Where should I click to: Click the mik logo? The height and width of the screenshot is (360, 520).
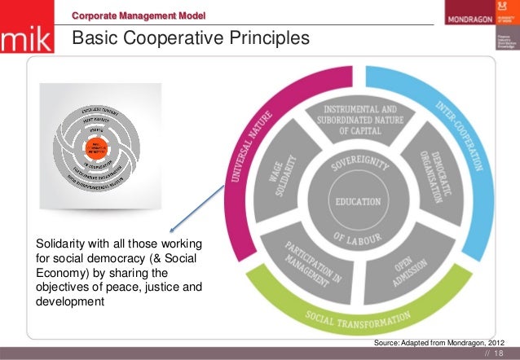click(27, 41)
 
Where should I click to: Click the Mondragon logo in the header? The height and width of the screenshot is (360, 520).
click(466, 18)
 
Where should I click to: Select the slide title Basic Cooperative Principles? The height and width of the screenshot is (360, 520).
click(192, 38)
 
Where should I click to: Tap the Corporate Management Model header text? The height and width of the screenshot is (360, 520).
click(139, 15)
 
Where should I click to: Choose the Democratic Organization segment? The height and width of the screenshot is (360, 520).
click(431, 176)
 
